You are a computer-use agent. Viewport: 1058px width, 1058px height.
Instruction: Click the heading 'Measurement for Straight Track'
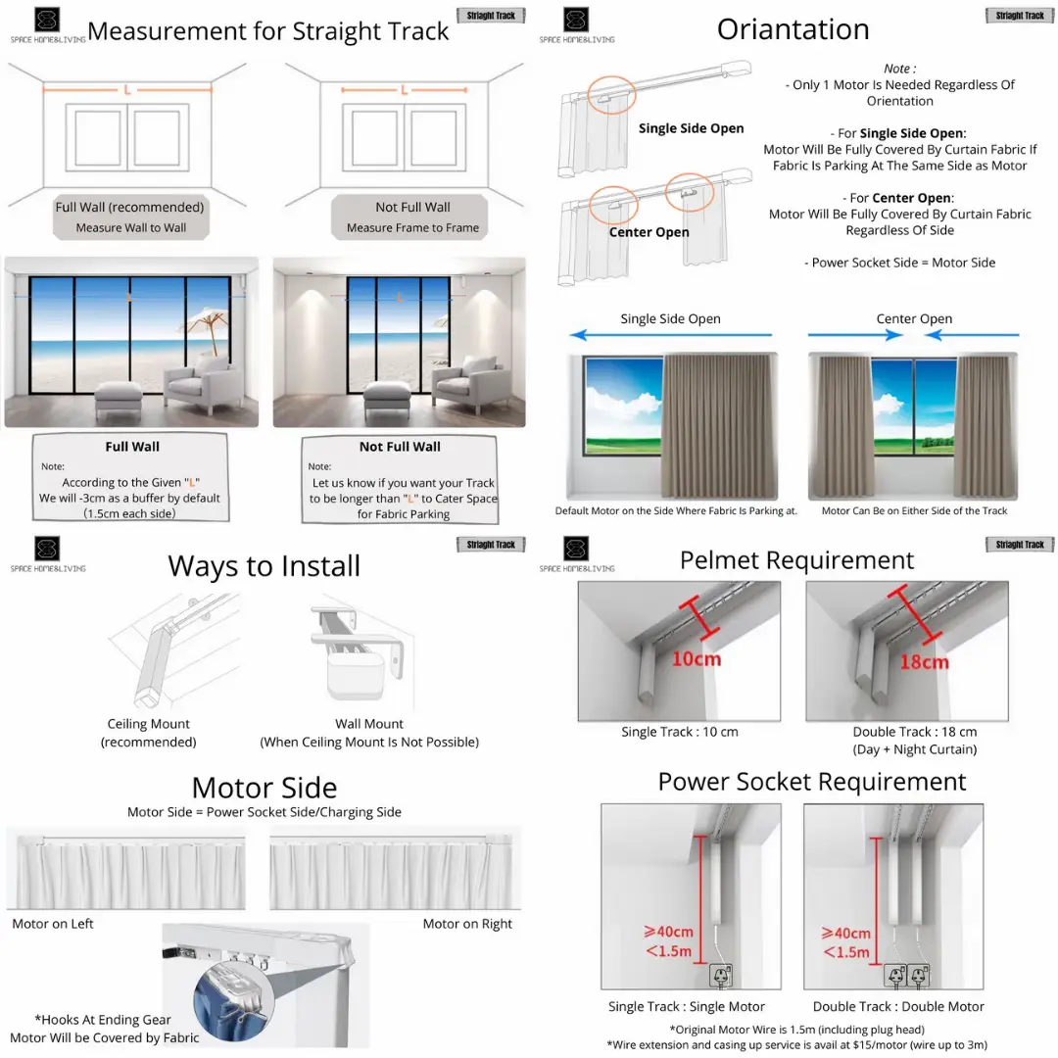point(267,30)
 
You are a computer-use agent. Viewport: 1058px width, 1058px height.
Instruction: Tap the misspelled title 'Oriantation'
point(793,29)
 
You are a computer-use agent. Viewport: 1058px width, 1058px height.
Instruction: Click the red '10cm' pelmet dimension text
point(696,658)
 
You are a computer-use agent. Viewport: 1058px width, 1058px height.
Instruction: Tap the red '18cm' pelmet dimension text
point(923,661)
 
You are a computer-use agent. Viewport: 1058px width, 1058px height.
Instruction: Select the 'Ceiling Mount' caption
point(149,724)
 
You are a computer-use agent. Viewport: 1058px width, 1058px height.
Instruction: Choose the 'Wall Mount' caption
point(369,724)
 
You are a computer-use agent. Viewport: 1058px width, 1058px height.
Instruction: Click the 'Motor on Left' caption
point(53,924)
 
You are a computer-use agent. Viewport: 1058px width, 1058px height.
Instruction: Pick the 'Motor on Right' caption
point(467,924)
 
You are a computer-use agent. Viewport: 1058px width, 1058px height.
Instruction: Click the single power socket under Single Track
point(721,976)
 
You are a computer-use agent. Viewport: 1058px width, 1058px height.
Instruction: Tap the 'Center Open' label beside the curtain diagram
point(649,232)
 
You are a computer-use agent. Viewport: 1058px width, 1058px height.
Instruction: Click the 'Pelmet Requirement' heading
point(796,560)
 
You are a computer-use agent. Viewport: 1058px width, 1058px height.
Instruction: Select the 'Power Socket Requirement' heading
point(811,782)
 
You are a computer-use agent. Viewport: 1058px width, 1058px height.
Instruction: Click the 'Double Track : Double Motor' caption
point(898,1006)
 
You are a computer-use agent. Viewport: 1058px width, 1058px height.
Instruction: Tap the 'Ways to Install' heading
point(264,566)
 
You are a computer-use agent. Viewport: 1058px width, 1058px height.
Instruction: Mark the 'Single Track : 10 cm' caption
point(679,732)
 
